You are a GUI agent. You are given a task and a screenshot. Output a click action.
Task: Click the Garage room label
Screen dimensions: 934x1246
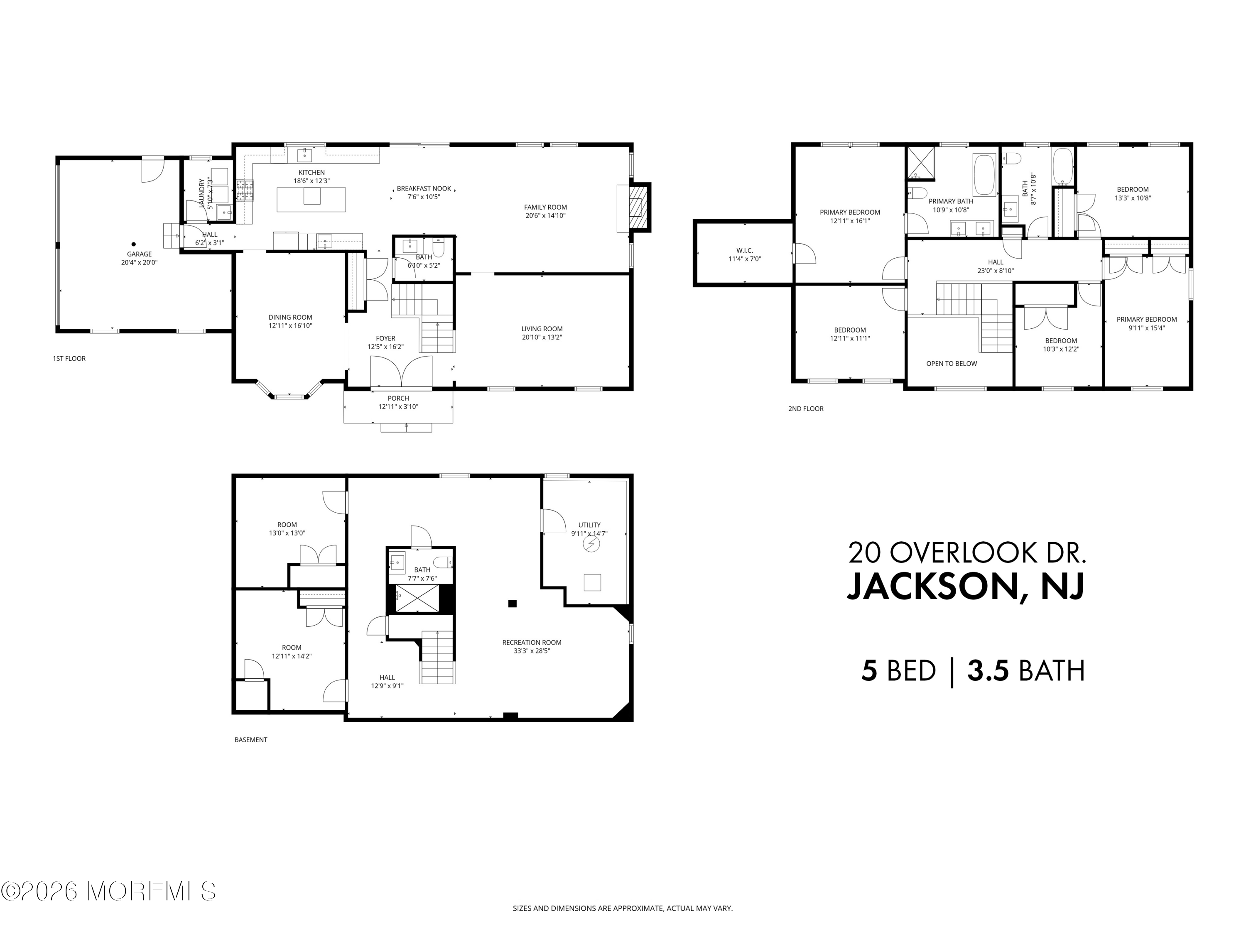pyautogui.click(x=139, y=254)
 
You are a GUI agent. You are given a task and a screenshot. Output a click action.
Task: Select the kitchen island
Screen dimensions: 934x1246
pyautogui.click(x=311, y=199)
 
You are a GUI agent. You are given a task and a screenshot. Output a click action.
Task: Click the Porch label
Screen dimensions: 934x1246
pyautogui.click(x=398, y=398)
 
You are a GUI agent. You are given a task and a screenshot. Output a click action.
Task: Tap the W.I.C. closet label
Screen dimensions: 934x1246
pyautogui.click(x=744, y=251)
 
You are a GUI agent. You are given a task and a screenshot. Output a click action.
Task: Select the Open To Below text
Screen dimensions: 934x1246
pyautogui.click(x=952, y=364)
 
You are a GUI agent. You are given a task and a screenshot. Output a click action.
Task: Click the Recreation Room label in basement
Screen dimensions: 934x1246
pyautogui.click(x=532, y=642)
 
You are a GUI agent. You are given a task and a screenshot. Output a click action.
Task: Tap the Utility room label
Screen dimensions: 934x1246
pyautogui.click(x=589, y=525)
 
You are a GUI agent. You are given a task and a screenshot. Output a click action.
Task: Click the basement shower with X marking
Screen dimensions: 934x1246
pyautogui.click(x=416, y=599)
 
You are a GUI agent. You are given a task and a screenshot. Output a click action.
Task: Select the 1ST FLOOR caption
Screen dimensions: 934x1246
pyautogui.click(x=69, y=359)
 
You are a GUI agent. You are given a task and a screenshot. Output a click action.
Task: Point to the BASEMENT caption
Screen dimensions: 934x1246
pyautogui.click(x=251, y=740)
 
